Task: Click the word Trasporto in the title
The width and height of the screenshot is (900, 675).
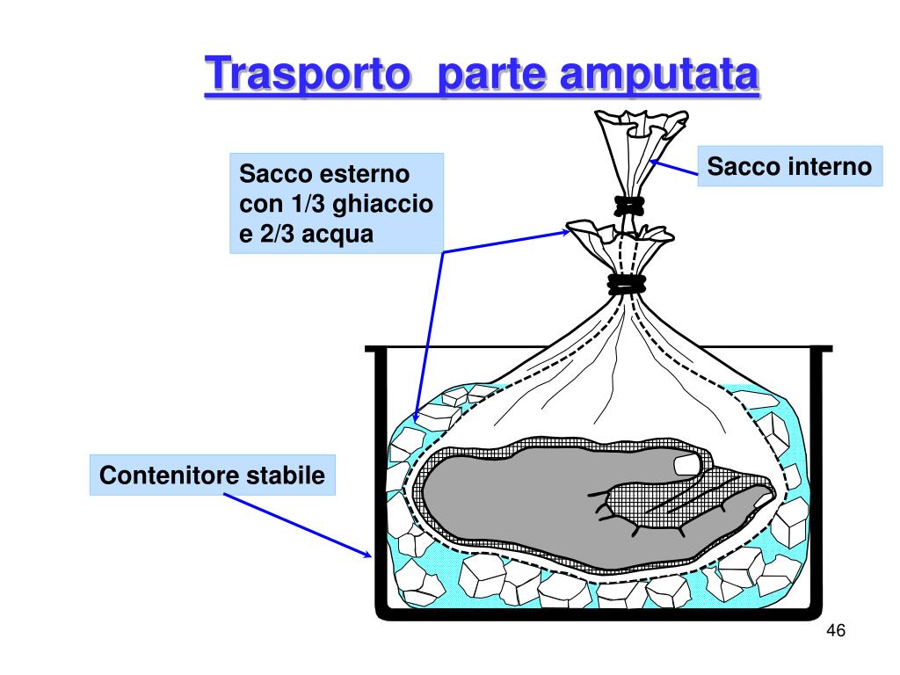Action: click(309, 74)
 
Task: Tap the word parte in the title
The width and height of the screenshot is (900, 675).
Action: click(490, 74)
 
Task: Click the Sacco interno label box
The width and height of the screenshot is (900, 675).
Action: click(790, 166)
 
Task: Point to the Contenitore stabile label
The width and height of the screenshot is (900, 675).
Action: click(213, 476)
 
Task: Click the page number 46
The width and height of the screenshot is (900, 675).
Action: click(836, 632)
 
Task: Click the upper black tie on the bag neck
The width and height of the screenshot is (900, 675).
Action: click(630, 206)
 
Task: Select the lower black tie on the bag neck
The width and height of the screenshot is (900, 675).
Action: click(625, 284)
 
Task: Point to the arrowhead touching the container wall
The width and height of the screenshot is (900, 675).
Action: click(367, 554)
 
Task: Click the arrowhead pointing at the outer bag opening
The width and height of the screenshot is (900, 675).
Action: click(565, 231)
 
